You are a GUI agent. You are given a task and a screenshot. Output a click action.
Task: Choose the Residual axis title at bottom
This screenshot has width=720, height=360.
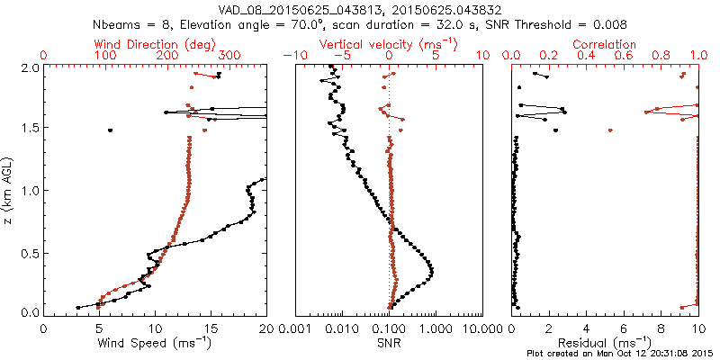pyautogui.click(x=605, y=342)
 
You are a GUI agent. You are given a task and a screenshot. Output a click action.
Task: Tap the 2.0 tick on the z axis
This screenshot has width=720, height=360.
pyautogui.click(x=30, y=67)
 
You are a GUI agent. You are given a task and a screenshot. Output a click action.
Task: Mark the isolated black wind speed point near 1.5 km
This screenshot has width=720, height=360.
pyautogui.click(x=111, y=130)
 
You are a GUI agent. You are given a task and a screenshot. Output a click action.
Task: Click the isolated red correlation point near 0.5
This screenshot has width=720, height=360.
pyautogui.click(x=610, y=130)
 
